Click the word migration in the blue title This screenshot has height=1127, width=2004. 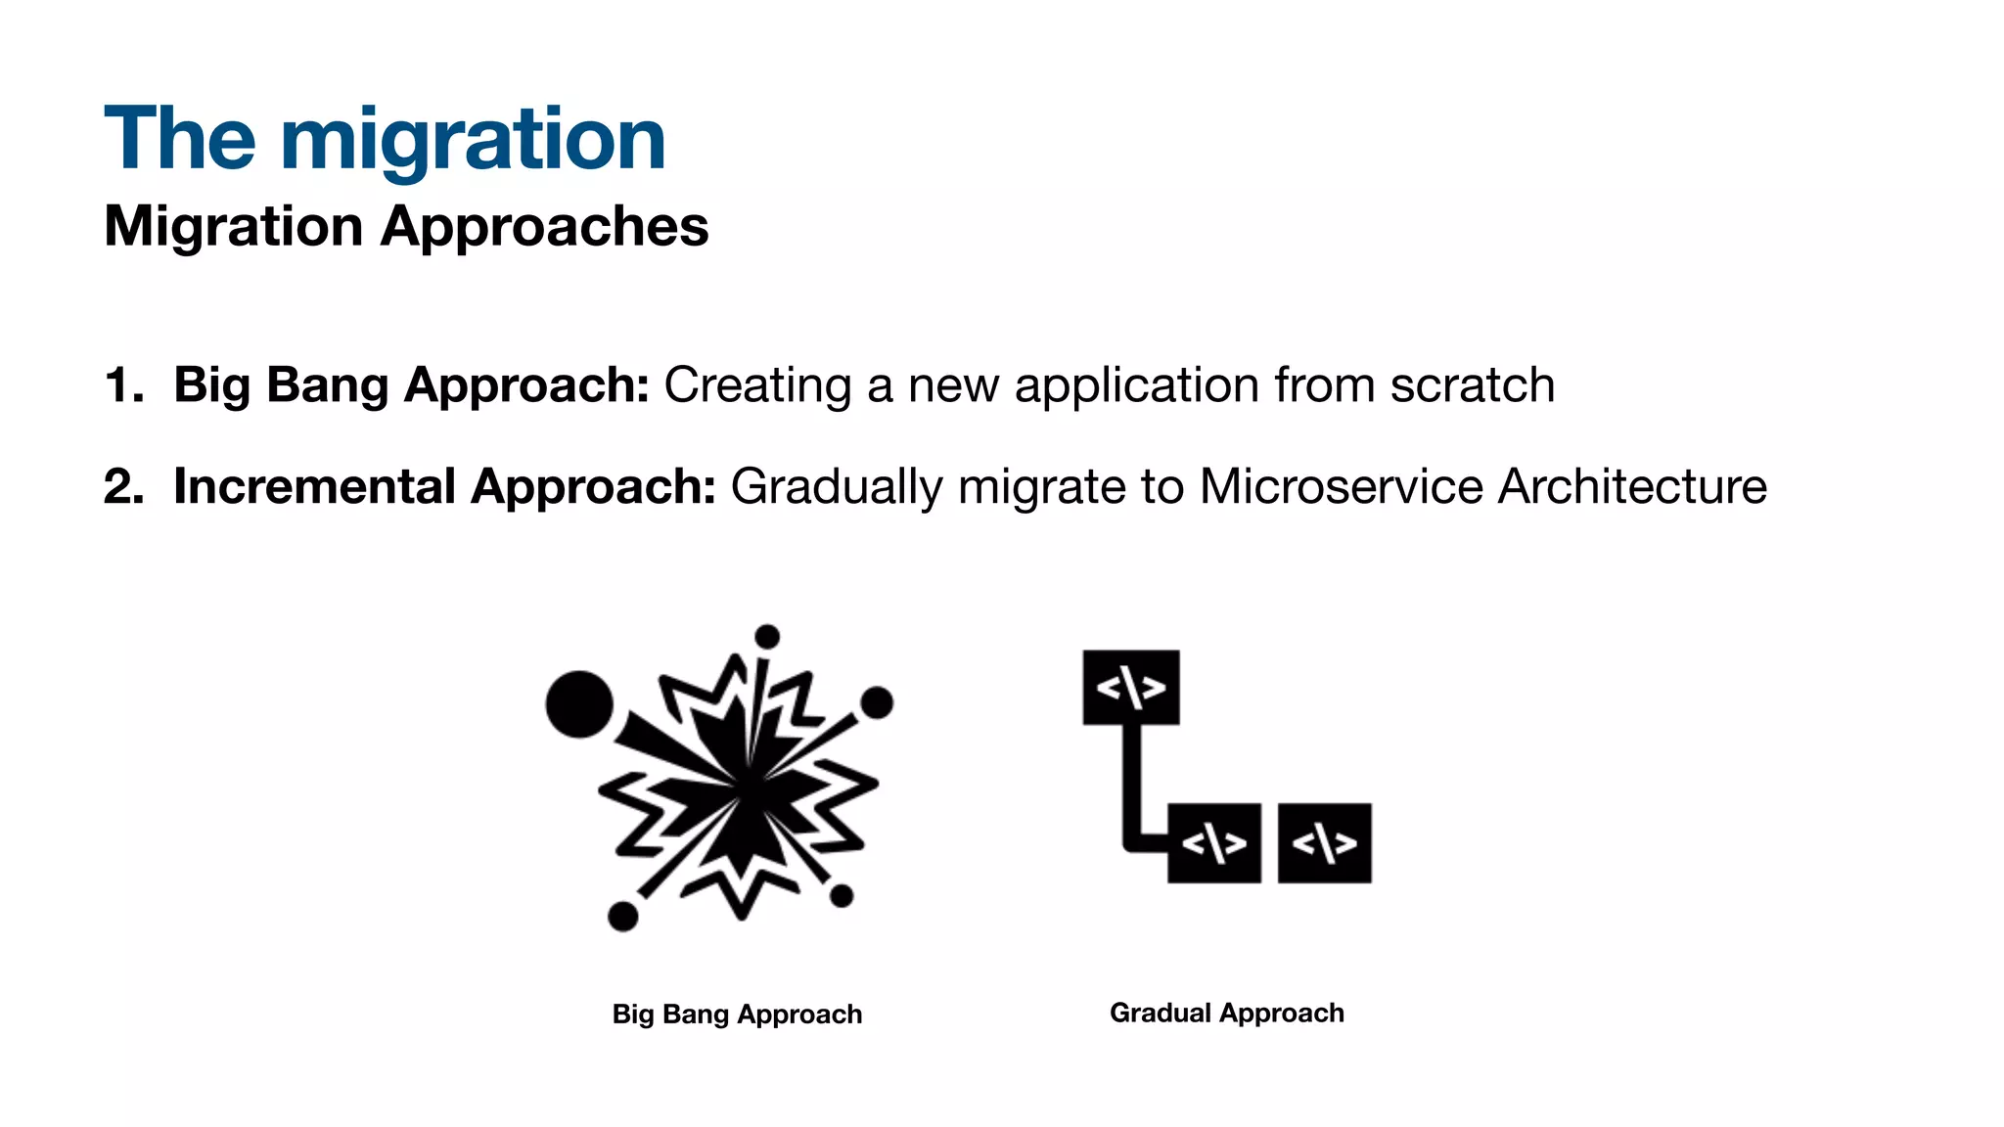coord(473,140)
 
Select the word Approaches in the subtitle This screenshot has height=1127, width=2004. coord(544,227)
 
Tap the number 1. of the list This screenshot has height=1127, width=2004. coord(123,385)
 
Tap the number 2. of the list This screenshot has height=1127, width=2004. coord(123,487)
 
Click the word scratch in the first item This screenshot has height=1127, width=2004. coord(1472,385)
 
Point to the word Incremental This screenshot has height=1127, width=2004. coord(314,486)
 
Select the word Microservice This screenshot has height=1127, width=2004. coord(1342,486)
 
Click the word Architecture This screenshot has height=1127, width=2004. coord(1632,486)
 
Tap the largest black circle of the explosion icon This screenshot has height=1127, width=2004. coord(579,704)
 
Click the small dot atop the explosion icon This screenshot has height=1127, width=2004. coord(768,637)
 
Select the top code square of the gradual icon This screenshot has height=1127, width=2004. coord(1130,688)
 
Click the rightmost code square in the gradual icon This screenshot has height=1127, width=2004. coord(1324,843)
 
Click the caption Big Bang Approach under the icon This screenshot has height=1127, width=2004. coord(737,1014)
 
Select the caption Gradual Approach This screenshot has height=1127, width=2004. coord(1226,1014)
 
